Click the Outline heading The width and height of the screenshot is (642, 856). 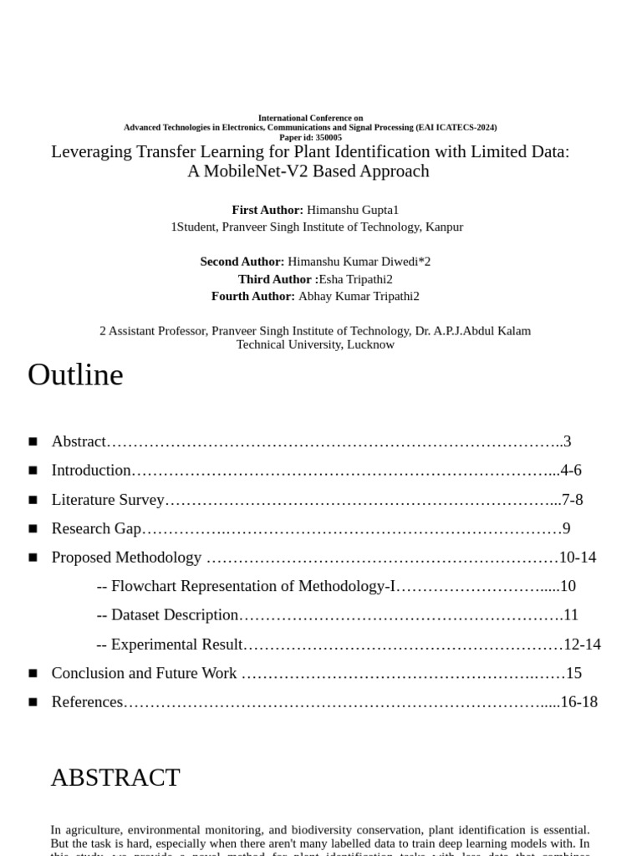[x=75, y=375]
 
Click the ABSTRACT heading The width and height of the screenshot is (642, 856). [x=115, y=777]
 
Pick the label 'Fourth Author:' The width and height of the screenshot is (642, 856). [x=253, y=296]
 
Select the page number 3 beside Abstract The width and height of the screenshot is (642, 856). [x=567, y=441]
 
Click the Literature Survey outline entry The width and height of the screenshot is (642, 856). [x=108, y=500]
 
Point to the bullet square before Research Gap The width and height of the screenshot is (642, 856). [x=33, y=528]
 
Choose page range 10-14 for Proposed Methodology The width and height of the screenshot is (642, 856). [x=578, y=557]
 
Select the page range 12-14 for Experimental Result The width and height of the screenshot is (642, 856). [x=583, y=644]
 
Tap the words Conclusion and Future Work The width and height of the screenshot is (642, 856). [x=144, y=673]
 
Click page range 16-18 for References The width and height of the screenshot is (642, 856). [x=579, y=701]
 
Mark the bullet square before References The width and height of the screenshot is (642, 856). [x=33, y=702]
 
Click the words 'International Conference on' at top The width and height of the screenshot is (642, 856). [x=310, y=118]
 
